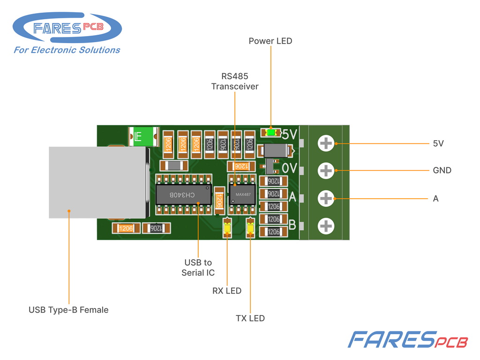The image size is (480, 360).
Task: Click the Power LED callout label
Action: [x=270, y=41]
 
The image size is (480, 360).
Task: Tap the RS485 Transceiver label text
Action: [x=235, y=82]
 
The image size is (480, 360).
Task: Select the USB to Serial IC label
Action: [x=198, y=268]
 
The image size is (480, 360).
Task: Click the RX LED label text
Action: [x=227, y=291]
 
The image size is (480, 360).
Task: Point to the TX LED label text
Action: [x=250, y=318]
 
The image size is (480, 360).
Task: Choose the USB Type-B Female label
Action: [x=68, y=310]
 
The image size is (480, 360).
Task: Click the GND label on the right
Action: [x=442, y=170]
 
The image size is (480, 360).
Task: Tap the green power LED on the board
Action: [x=271, y=133]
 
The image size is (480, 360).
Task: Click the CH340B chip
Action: [x=183, y=195]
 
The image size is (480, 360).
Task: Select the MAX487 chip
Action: [x=242, y=195]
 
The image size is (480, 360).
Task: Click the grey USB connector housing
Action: [x=97, y=182]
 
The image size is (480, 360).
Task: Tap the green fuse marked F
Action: [x=143, y=136]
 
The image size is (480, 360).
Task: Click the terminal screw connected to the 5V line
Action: [x=326, y=143]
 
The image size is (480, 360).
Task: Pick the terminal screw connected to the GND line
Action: [x=326, y=171]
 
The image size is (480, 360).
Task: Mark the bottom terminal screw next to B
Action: [x=326, y=226]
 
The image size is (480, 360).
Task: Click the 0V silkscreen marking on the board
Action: [x=289, y=168]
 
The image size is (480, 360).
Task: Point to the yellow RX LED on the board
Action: [x=227, y=228]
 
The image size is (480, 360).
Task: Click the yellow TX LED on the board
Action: [x=250, y=228]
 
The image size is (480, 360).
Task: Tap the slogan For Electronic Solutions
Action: [x=67, y=50]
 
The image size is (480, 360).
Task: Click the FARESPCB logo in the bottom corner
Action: [x=408, y=339]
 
